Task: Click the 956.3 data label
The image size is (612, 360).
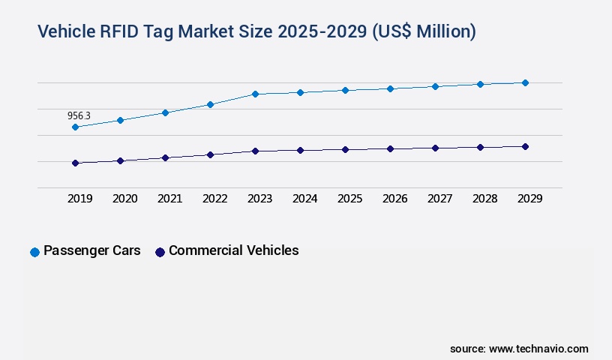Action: tap(79, 115)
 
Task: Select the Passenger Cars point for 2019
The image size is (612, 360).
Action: tap(75, 127)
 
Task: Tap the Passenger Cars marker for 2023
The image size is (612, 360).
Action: tap(255, 94)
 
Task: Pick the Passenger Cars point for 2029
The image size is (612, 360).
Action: tap(525, 82)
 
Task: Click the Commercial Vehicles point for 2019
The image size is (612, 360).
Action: tap(75, 163)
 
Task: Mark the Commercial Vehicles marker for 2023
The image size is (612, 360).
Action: tap(255, 151)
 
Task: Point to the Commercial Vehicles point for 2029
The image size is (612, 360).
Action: tap(525, 146)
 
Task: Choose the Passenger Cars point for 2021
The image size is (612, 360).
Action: tap(165, 112)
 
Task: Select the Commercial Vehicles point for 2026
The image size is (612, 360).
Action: tap(390, 148)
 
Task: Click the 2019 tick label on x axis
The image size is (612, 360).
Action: tap(79, 199)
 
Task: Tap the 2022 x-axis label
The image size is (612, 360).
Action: tap(214, 199)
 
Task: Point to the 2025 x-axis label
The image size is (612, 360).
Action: tap(349, 199)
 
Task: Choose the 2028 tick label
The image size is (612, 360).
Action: tap(484, 199)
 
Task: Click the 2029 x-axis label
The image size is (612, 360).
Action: tap(529, 199)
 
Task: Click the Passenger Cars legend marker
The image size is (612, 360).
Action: tap(34, 252)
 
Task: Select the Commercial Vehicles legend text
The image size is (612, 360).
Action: tap(233, 250)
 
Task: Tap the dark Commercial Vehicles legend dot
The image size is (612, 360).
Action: tap(160, 252)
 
